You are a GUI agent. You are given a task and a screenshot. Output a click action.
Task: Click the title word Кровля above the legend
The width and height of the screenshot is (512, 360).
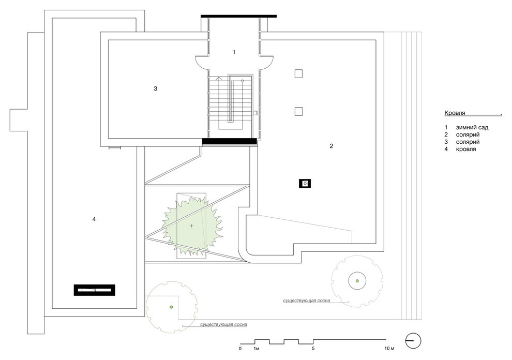pos(455,113)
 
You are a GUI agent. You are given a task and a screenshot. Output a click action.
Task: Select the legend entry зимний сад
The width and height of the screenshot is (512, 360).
pos(472,128)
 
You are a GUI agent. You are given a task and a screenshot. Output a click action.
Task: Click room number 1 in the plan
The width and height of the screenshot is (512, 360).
pos(234,52)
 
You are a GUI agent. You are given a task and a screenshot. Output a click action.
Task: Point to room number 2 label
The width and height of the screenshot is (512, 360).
pos(331,146)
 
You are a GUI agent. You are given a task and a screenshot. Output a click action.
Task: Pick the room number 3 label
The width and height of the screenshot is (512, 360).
pos(156,88)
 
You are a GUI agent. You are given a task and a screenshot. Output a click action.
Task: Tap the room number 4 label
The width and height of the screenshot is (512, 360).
pos(94,219)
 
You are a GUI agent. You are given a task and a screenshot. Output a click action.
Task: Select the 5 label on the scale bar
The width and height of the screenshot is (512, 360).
pos(313,349)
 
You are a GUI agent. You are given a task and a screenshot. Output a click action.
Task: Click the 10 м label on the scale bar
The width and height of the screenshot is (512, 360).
pos(389,349)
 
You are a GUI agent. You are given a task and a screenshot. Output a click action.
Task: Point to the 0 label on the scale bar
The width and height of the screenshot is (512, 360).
pos(240,349)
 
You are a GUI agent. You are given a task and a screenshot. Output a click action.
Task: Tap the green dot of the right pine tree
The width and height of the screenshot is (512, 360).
pos(357,281)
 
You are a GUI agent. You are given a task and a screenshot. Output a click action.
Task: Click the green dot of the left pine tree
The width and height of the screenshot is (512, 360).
pos(171,307)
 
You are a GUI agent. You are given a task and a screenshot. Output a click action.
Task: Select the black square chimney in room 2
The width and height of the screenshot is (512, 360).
pos(305,184)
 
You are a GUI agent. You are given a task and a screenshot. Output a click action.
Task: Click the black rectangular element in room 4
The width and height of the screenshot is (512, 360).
pos(95,290)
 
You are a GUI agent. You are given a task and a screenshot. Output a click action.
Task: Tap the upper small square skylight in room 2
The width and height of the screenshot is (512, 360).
pos(298,73)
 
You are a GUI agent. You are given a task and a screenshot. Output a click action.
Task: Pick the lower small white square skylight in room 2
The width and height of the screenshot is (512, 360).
pos(298,111)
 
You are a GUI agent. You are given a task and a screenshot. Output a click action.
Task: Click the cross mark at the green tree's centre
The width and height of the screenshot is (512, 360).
pos(191,226)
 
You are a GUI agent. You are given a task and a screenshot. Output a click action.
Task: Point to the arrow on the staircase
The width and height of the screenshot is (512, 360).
pos(219,79)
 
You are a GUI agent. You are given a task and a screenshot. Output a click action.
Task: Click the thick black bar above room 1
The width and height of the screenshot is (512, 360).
pos(239,16)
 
